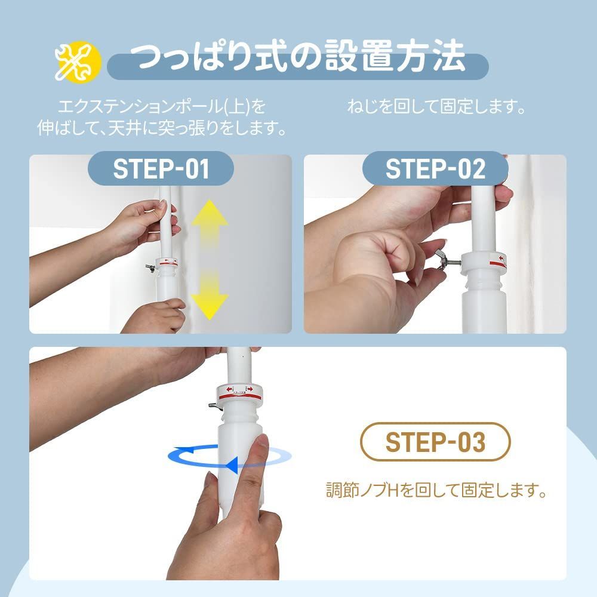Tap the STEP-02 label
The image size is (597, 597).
(435, 170)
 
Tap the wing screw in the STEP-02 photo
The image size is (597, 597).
(444, 260)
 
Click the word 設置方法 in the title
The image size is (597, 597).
(394, 57)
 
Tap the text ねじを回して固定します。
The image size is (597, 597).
(437, 108)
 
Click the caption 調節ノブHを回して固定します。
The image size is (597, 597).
(437, 491)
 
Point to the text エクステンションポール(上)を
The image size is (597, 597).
(161, 108)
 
